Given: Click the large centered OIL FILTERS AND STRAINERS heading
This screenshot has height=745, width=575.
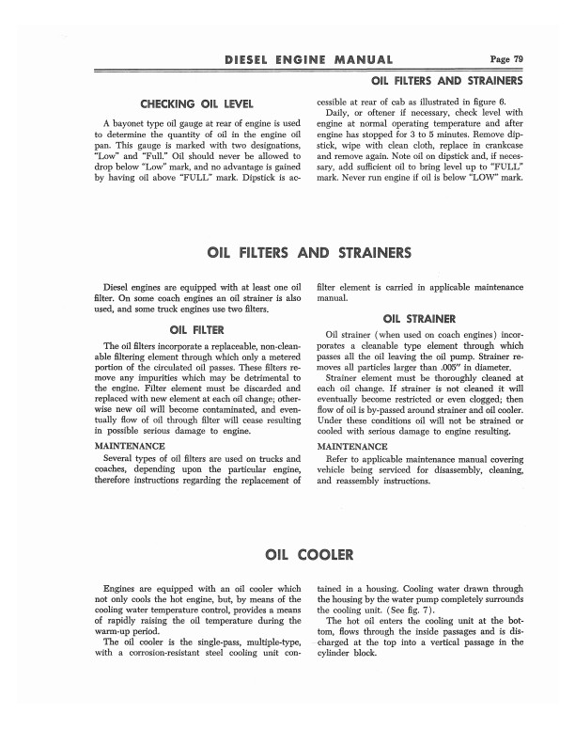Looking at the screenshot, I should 309,253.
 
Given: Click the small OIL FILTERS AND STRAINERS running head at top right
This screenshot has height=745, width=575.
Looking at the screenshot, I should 447,82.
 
